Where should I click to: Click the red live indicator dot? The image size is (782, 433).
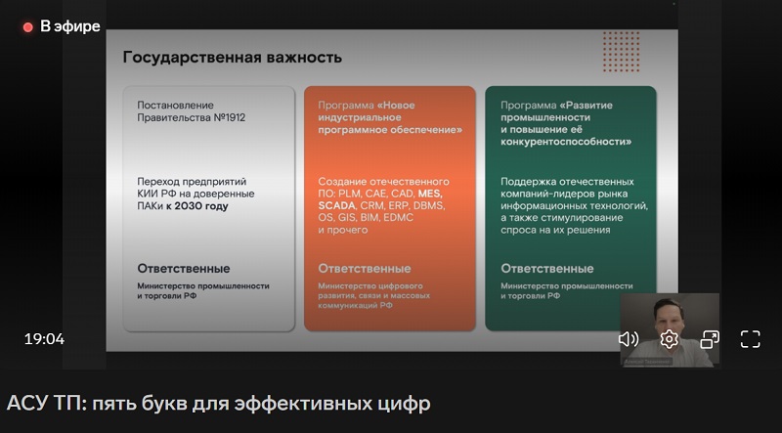28,27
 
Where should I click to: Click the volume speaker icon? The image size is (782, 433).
629,339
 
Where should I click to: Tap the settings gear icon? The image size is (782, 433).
670,339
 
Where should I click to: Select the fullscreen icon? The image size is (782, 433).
750,339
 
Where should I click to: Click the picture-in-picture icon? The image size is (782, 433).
710,339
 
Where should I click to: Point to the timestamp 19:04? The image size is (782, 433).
44,339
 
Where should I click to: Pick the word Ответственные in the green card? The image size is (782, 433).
546,268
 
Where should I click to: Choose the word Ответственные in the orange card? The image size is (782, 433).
365,268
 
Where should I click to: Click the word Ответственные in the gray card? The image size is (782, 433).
184,268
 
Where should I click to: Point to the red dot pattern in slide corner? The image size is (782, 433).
621,46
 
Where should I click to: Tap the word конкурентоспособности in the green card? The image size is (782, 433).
565,142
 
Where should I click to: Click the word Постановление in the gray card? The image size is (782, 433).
175,104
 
